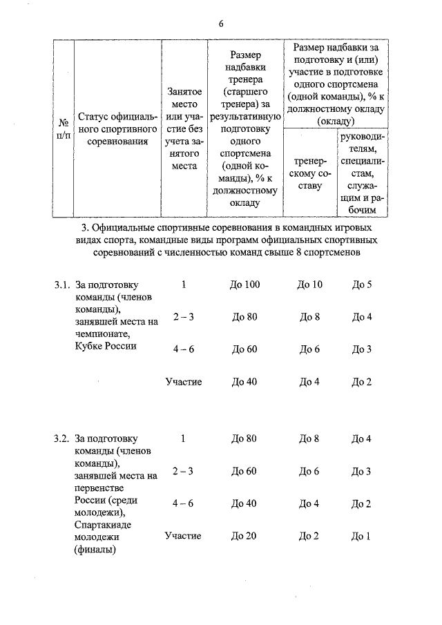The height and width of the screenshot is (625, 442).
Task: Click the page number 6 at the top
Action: [220, 23]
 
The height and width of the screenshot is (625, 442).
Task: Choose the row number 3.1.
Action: [61, 285]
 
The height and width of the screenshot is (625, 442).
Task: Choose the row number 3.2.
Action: [61, 439]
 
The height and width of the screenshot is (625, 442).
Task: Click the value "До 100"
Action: [244, 285]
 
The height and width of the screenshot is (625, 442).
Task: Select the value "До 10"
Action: [309, 285]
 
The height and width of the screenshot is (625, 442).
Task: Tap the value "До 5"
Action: [362, 285]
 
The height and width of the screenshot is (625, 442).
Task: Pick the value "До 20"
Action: [244, 536]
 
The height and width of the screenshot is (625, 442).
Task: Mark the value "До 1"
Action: [362, 536]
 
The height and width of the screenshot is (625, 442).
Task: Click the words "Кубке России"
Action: [106, 346]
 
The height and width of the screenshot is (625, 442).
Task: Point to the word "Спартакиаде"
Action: [104, 525]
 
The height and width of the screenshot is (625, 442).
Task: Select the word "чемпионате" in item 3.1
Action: [104, 334]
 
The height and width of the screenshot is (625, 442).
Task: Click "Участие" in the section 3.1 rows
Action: [183, 382]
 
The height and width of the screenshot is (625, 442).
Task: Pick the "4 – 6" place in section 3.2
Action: [183, 503]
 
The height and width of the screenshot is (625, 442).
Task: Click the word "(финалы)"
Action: [95, 550]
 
